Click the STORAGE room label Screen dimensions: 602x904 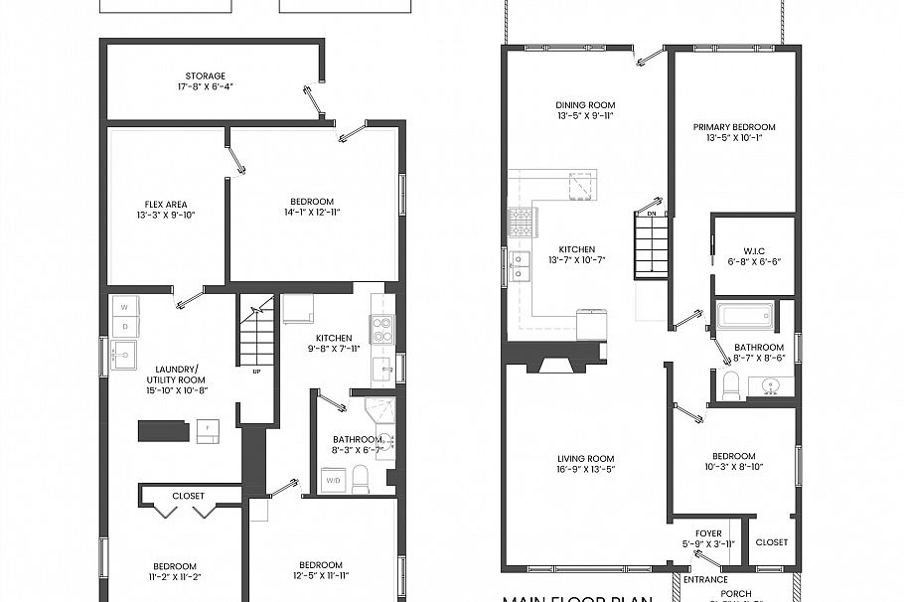tap(205, 75)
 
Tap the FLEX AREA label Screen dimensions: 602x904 tap(166, 205)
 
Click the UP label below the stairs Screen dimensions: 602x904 tap(256, 372)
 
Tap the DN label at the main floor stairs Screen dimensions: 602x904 tap(652, 212)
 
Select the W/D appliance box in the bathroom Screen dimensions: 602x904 tap(333, 481)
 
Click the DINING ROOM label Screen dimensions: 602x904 tap(585, 105)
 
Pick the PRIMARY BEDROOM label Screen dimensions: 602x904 tap(734, 127)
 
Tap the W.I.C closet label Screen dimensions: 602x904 tap(755, 250)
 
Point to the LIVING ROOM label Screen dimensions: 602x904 tap(586, 459)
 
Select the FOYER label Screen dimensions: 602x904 tap(708, 533)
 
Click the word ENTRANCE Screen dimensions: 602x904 tap(704, 579)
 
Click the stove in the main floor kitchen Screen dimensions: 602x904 tap(522, 222)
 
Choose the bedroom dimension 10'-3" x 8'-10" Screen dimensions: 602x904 tap(734, 466)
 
